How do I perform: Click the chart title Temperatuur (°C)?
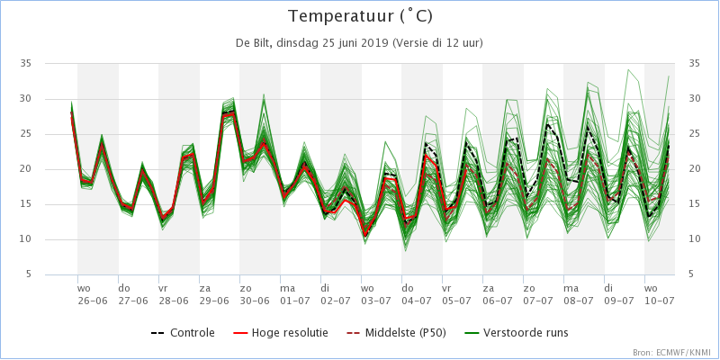360,17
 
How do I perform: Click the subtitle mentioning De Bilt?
359,42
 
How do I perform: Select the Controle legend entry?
183,332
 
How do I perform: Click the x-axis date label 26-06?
92,301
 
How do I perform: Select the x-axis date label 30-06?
254,301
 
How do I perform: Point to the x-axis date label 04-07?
416,301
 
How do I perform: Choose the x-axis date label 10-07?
659,301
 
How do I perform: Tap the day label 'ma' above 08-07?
571,289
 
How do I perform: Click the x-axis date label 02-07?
335,301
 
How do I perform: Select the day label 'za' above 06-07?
488,289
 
